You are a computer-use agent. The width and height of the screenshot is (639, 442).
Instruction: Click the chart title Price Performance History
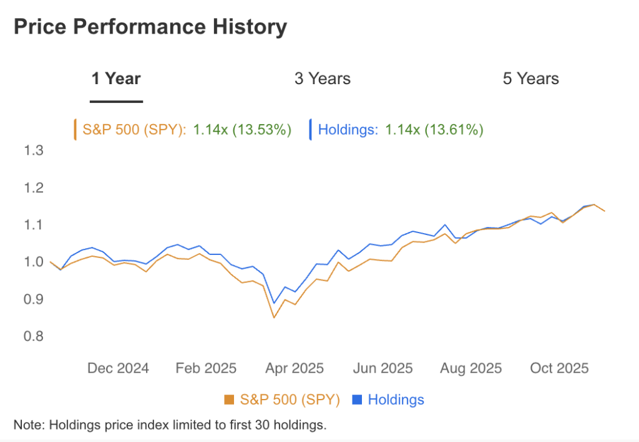coord(150,27)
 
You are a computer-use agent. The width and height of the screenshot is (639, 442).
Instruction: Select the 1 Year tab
coord(116,79)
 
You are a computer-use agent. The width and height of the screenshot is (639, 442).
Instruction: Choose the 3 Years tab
coord(323,79)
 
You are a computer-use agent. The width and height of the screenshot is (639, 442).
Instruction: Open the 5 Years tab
coord(531,79)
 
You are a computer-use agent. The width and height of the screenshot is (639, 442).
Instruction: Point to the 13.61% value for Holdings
coord(452,130)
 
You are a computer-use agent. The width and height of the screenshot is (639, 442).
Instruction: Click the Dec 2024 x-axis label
coord(118,368)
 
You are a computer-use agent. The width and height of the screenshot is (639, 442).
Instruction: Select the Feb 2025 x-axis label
coord(206,368)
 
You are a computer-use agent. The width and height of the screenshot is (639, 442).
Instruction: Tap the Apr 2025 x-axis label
coord(294,368)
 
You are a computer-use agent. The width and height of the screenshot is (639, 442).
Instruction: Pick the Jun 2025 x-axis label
coord(383,368)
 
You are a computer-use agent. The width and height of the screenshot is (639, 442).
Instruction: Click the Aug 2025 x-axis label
coord(471,368)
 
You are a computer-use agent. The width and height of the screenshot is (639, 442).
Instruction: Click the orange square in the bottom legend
coord(228,400)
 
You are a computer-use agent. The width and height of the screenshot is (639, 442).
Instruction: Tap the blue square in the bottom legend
coord(358,400)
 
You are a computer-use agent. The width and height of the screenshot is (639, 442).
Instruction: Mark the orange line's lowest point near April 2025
coord(273,317)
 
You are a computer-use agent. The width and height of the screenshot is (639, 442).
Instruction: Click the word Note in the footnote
coord(28,425)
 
